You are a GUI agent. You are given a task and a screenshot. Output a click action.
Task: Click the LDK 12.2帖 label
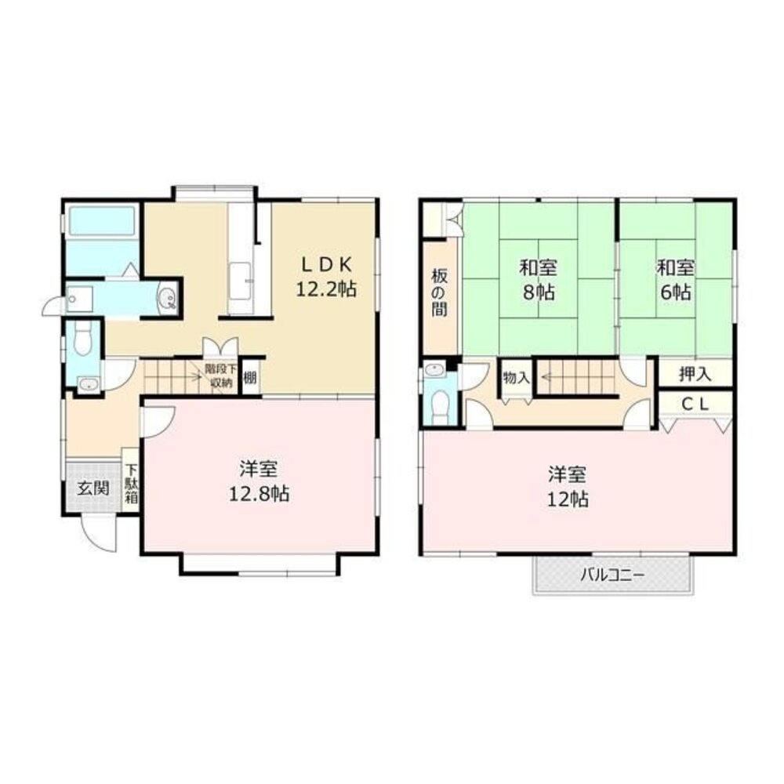tap(326, 277)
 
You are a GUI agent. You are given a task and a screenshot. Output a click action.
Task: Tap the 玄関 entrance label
tap(93, 488)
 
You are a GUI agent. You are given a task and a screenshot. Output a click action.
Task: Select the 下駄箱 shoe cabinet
tap(131, 484)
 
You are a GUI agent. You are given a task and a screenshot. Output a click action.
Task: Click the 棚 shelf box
tap(250, 377)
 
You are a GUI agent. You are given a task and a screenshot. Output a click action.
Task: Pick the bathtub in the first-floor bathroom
tap(102, 221)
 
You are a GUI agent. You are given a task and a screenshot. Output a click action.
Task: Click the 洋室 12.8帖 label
tap(259, 481)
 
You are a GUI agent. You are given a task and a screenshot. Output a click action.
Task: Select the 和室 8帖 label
tap(539, 280)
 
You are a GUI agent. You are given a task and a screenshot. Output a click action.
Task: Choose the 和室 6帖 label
tap(676, 280)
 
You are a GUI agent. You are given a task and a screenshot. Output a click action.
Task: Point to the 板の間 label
tap(440, 292)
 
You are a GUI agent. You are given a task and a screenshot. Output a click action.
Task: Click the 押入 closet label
tap(695, 373)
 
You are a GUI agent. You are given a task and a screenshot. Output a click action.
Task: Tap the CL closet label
tap(695, 405)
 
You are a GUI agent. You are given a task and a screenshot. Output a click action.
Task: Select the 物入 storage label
tap(517, 378)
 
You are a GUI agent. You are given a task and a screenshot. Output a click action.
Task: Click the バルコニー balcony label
tap(612, 575)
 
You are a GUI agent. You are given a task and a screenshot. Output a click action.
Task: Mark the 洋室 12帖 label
tap(568, 487)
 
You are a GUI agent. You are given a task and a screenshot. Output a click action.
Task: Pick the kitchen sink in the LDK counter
tap(241, 282)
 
